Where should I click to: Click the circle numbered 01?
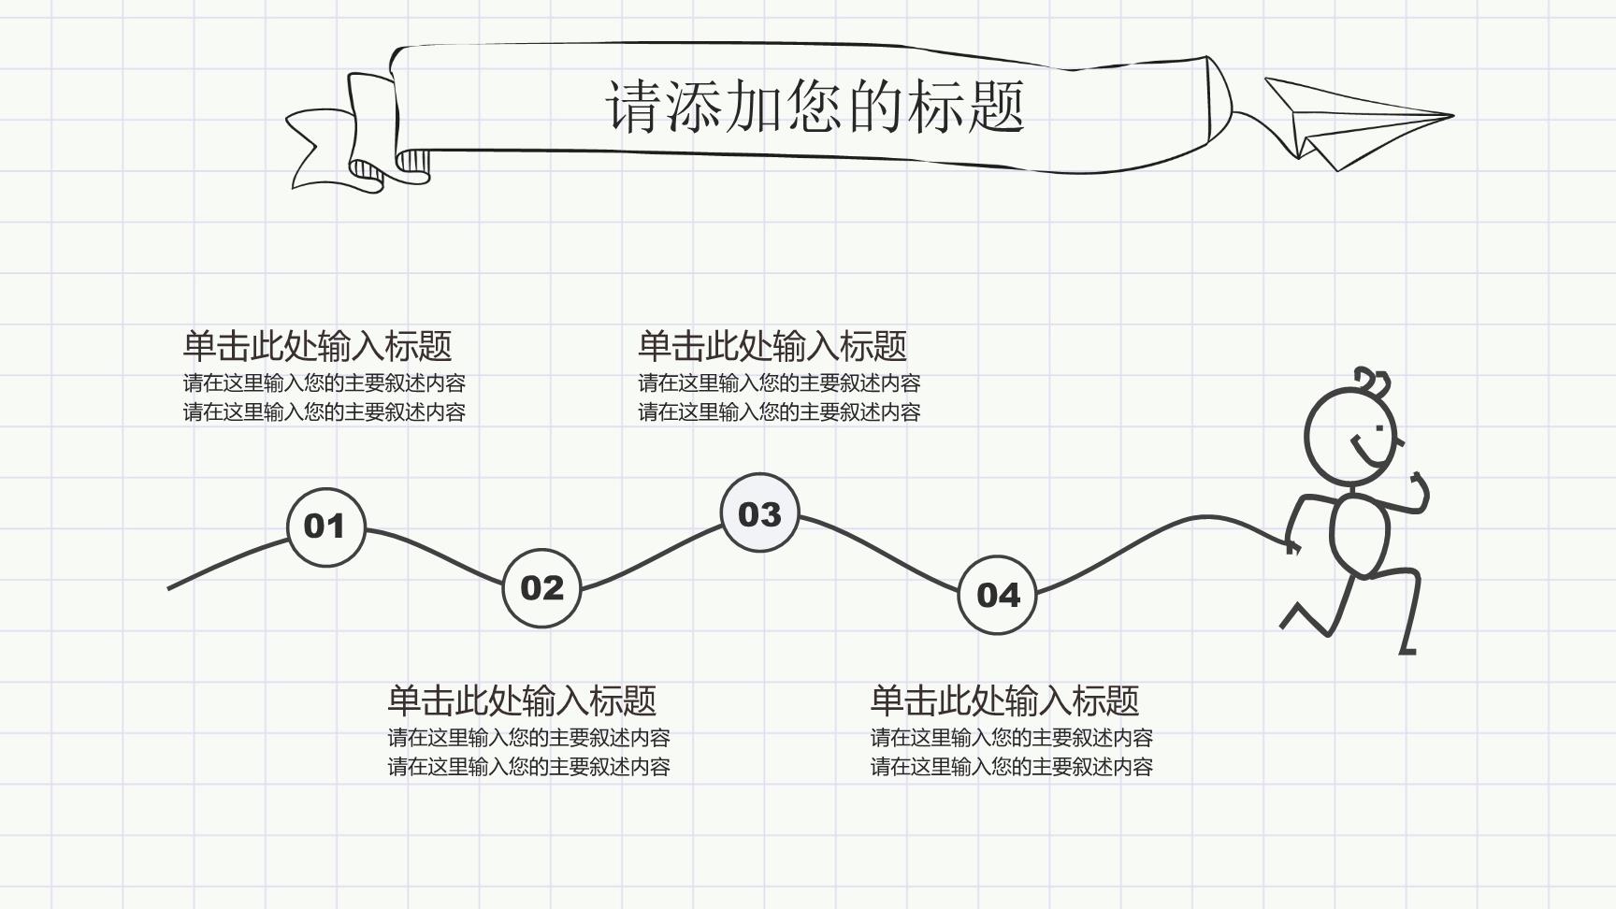coord(325,527)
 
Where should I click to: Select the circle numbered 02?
coord(541,588)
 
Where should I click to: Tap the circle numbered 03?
coord(759,512)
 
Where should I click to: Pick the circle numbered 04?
coord(997,595)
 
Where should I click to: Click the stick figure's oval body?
coord(1360,536)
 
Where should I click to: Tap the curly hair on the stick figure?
coord(1373,382)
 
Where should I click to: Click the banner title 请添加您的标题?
coord(815,106)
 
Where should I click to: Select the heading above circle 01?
coord(317,346)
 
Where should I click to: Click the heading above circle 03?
coord(772,346)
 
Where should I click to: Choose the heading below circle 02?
coord(522,700)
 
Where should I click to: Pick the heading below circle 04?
coord(1004,700)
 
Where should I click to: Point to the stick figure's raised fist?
coord(1420,485)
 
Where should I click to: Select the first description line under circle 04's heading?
coord(1011,738)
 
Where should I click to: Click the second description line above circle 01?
coord(324,412)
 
